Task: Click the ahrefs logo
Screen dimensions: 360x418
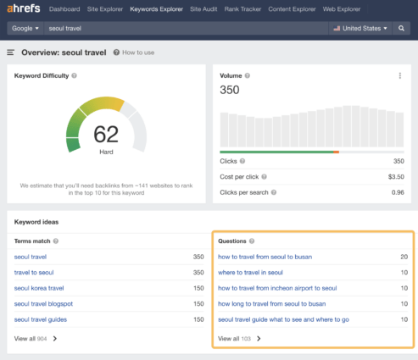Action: (x=25, y=9)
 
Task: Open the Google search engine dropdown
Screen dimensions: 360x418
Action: (x=25, y=28)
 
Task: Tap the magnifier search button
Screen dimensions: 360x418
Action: (x=402, y=28)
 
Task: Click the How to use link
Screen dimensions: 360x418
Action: (x=136, y=53)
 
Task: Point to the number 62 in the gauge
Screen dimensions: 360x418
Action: (x=106, y=134)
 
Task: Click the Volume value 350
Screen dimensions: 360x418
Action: (x=230, y=89)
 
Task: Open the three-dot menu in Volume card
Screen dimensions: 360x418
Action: (x=400, y=76)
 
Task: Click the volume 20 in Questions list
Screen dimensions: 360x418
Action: (x=403, y=257)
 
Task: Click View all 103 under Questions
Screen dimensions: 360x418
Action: (x=238, y=338)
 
